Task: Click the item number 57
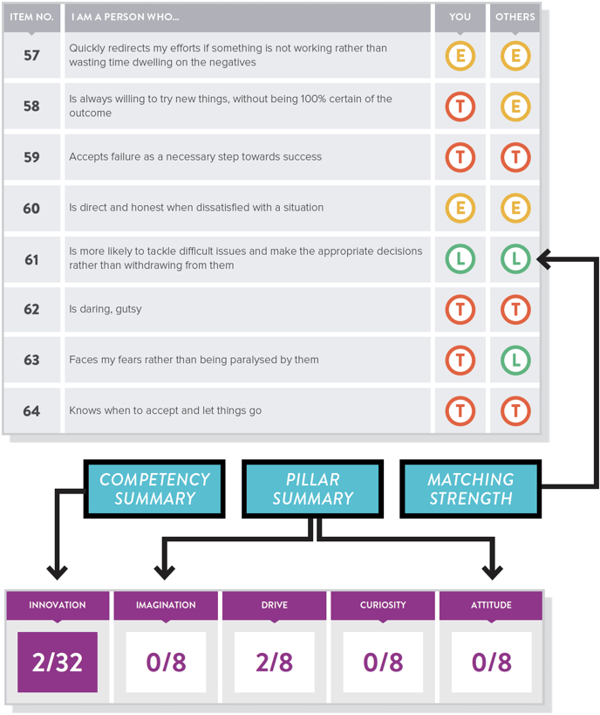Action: (x=31, y=56)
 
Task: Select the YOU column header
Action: (x=460, y=17)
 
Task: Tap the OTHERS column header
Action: (x=515, y=17)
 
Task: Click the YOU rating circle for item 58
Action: (x=460, y=107)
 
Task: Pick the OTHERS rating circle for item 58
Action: (x=515, y=107)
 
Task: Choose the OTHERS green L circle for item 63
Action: (x=515, y=361)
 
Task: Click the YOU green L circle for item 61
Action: (x=460, y=259)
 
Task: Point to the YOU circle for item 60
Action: (x=460, y=208)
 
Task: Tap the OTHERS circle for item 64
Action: (x=515, y=411)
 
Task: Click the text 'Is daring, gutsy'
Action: (x=106, y=309)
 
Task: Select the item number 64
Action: (x=31, y=411)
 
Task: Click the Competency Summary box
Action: (x=154, y=489)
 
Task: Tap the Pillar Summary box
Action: (x=312, y=489)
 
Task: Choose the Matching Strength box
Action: (x=471, y=489)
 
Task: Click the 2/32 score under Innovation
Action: (x=58, y=662)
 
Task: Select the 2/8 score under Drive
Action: (x=274, y=662)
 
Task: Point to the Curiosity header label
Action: (x=383, y=605)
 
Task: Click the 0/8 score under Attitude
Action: (x=492, y=662)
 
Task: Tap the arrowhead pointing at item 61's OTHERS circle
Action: (x=543, y=259)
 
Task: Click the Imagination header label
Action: (x=166, y=605)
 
